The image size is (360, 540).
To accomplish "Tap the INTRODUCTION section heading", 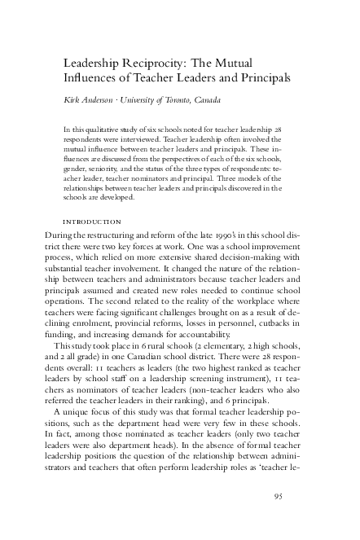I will tap(92, 222).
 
